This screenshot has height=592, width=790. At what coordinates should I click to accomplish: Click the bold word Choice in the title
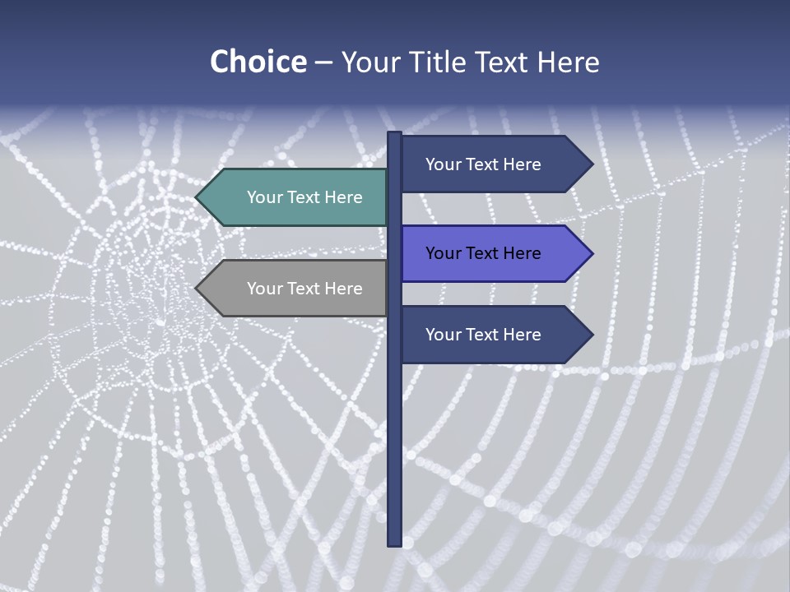click(258, 62)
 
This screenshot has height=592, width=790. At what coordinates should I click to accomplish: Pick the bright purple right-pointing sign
click(494, 253)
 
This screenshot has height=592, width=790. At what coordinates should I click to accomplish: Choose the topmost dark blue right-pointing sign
click(494, 164)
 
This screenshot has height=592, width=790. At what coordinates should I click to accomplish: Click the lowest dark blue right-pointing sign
click(494, 335)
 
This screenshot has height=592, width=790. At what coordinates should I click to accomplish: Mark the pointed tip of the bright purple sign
click(591, 253)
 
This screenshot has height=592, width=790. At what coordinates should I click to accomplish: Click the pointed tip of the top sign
click(591, 164)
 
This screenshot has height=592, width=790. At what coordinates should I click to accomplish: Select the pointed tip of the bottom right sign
click(591, 335)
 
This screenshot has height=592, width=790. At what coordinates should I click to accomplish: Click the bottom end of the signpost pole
click(394, 543)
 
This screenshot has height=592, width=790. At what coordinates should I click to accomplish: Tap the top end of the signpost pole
click(394, 134)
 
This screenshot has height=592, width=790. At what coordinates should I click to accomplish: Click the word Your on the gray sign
click(264, 289)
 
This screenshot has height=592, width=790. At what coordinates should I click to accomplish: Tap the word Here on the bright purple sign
click(519, 253)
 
